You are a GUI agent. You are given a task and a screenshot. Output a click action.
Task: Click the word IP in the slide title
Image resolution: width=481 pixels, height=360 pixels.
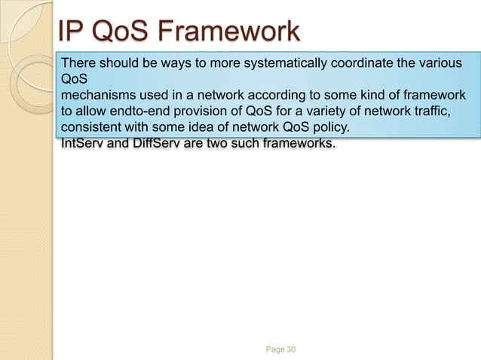pyautogui.click(x=72, y=32)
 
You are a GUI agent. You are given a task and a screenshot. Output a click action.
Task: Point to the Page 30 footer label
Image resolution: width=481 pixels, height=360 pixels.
pyautogui.click(x=281, y=349)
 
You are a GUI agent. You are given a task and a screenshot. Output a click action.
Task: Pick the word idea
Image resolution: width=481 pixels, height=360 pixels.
pyautogui.click(x=202, y=129)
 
